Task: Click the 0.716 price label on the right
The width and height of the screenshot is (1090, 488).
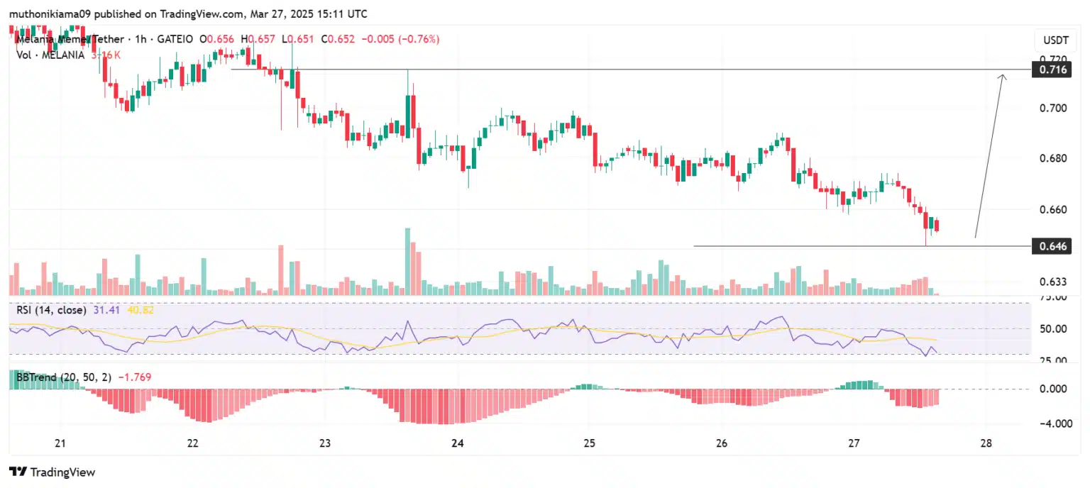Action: [1050, 70]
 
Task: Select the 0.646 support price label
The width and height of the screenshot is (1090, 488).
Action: [1050, 246]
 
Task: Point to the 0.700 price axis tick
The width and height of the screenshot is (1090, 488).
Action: [1053, 108]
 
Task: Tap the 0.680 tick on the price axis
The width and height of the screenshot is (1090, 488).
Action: [1053, 157]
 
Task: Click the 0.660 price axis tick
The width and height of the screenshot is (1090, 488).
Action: [1053, 210]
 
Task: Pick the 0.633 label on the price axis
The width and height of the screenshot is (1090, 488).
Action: [1053, 282]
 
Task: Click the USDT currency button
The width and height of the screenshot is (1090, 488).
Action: [1052, 39]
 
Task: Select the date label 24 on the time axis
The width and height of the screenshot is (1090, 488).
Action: [457, 443]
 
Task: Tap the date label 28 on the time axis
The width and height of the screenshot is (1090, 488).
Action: [986, 443]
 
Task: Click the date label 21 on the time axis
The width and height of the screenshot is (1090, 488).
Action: [60, 443]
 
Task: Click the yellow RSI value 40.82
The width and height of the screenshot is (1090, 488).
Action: [140, 310]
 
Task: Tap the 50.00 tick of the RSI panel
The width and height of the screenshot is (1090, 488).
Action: [1053, 328]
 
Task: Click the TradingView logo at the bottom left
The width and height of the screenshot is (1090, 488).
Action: [52, 472]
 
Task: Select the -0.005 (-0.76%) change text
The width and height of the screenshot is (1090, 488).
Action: [400, 39]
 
